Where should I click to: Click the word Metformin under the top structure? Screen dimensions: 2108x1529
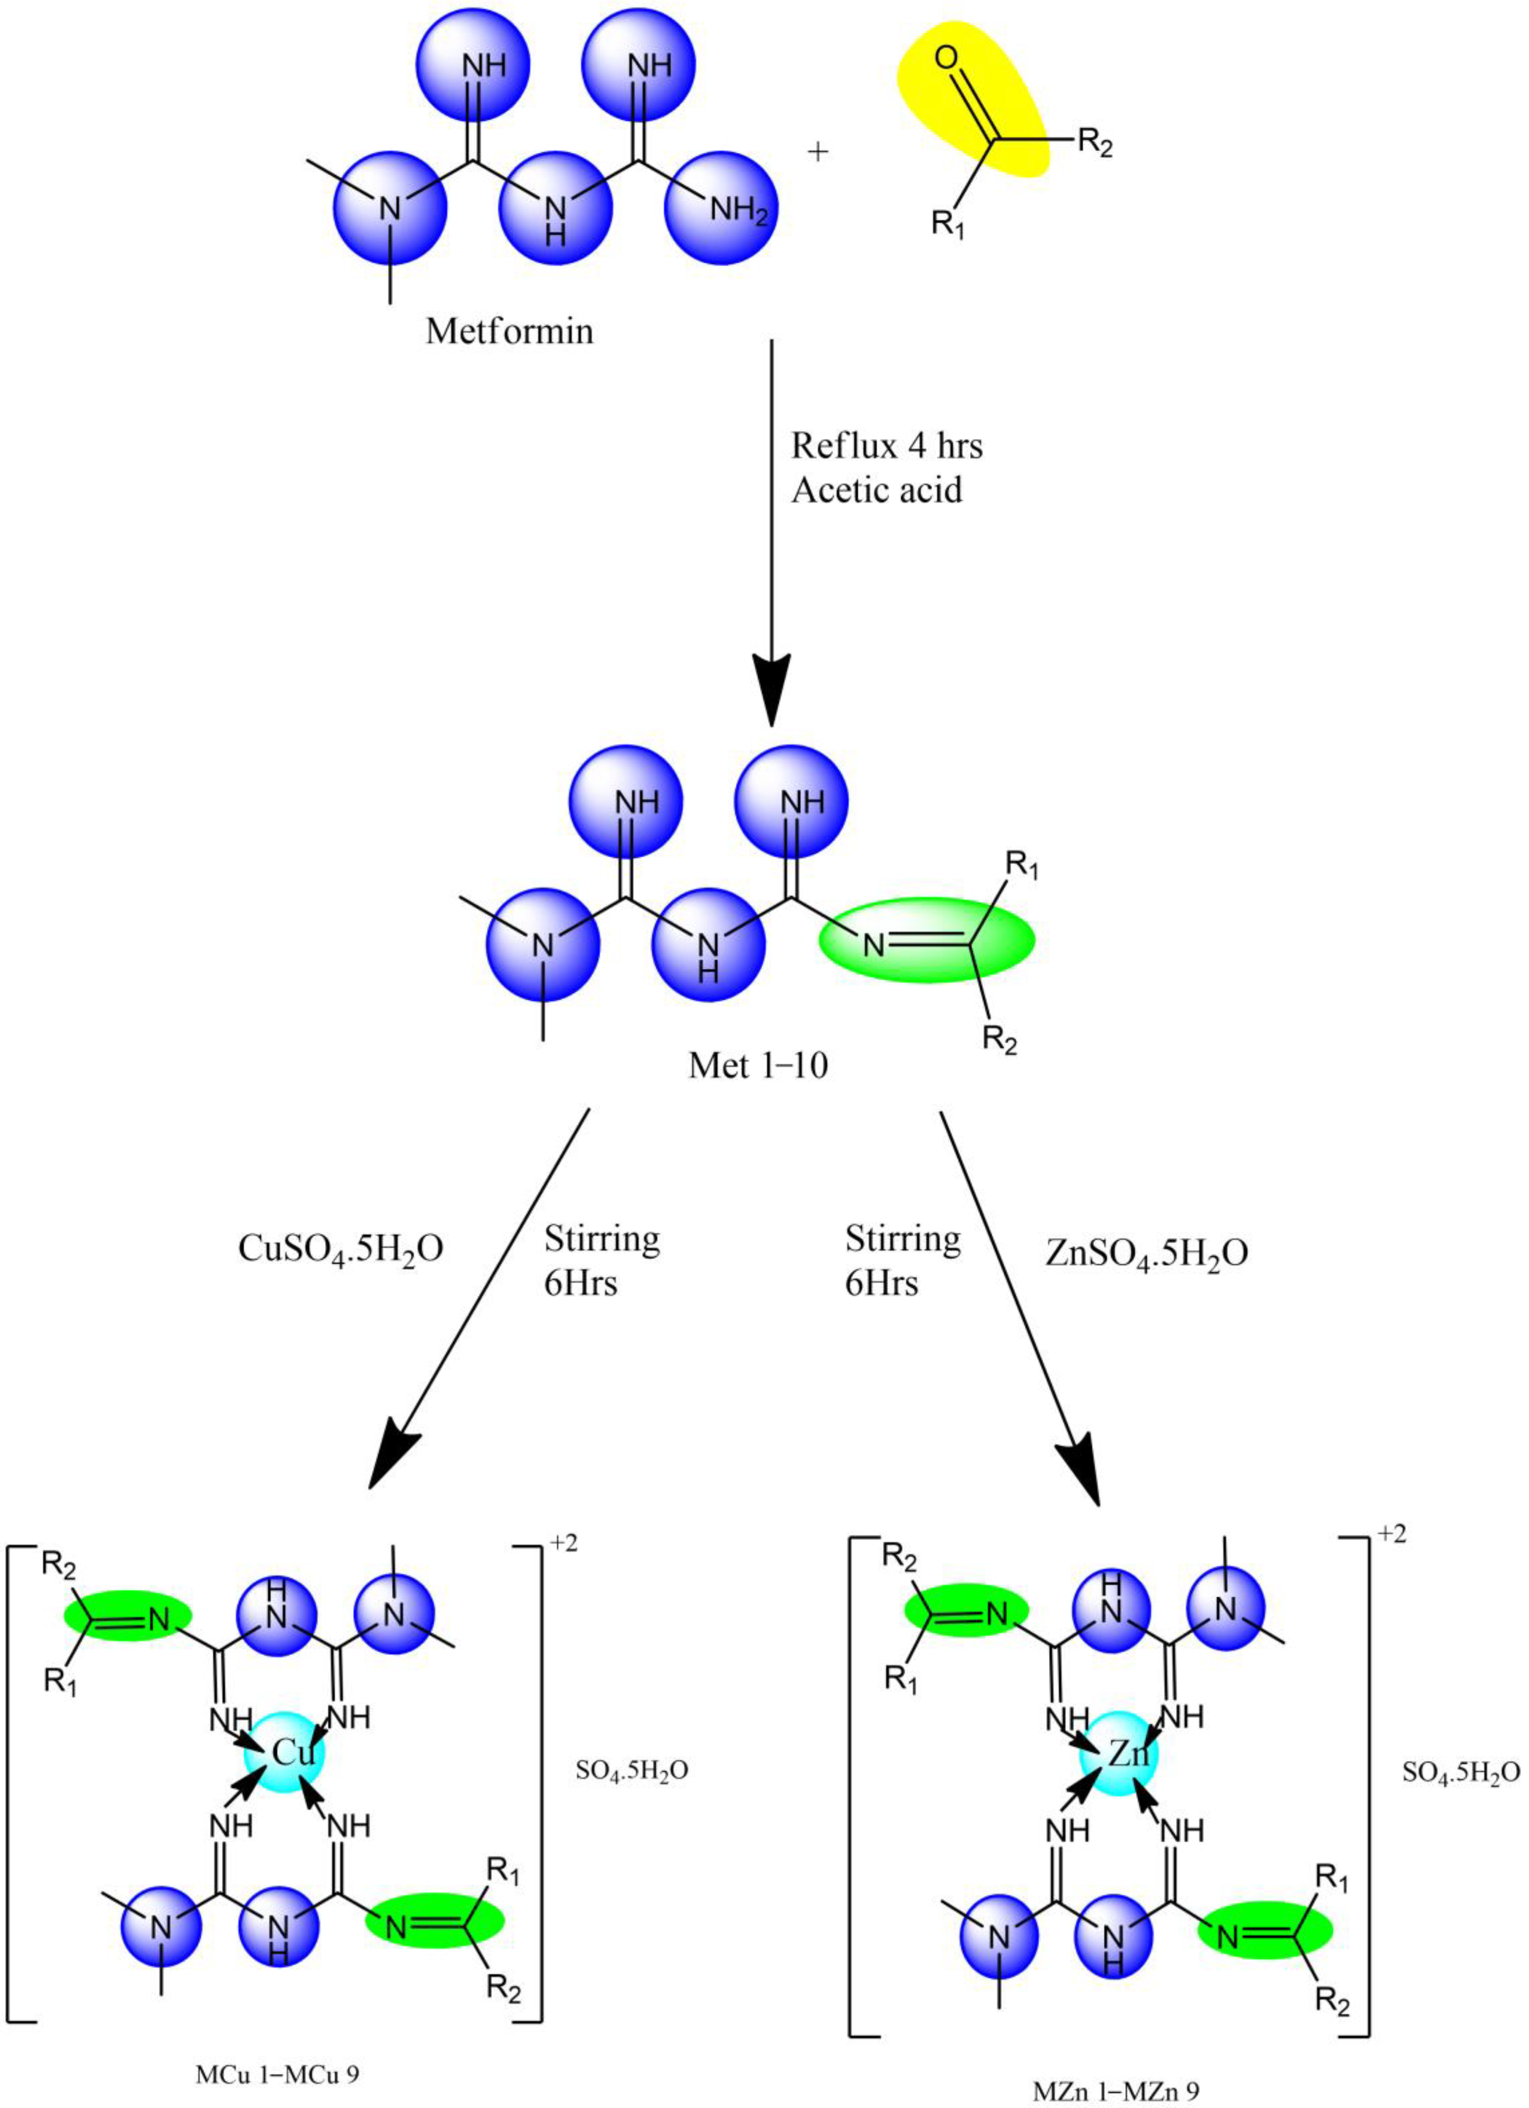[510, 331]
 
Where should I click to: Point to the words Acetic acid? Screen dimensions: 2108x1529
[876, 490]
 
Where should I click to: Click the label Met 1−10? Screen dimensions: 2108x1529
[757, 1065]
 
